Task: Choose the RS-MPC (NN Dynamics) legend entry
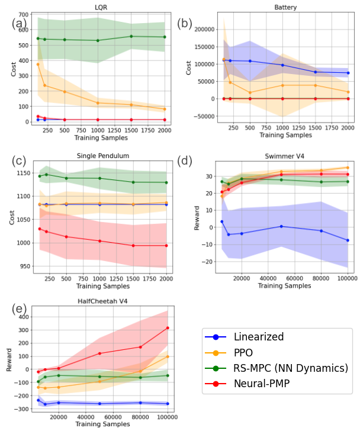pyautogui.click(x=291, y=368)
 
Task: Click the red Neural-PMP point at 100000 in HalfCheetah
pyautogui.click(x=168, y=328)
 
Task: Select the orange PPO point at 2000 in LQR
pyautogui.click(x=165, y=109)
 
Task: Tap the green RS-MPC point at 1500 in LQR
pyautogui.click(x=131, y=36)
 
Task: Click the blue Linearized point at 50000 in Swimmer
pyautogui.click(x=281, y=226)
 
